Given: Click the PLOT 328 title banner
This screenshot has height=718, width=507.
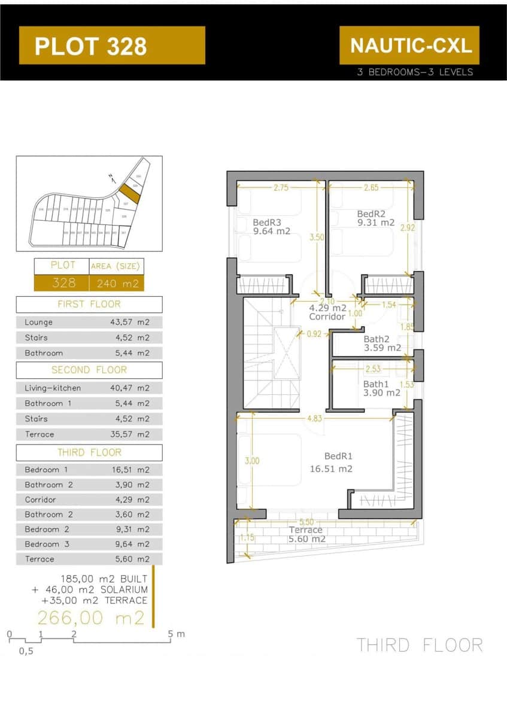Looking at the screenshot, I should pos(112,45).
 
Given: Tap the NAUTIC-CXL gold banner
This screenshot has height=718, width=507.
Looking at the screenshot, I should pos(409,45).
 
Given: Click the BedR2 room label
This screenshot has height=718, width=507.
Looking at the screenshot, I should pos(371,214).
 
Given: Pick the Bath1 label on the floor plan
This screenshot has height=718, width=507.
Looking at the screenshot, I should pos(376,384).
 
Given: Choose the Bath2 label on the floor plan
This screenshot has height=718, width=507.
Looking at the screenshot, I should pos(377,339).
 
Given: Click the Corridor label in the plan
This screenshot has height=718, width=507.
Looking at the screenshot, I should pos(327,317).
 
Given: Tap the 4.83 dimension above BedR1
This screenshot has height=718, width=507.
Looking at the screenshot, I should pos(315,419).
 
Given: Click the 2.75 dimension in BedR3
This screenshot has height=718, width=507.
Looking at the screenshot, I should pos(281,188).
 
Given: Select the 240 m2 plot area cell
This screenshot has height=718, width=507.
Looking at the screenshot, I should pos(117,283).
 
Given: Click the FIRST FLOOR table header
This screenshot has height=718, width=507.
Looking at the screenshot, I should pos(89,304).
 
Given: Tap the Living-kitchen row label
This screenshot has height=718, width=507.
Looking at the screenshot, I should pos(53,388).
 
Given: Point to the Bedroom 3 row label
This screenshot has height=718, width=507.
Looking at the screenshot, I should pos(47,544).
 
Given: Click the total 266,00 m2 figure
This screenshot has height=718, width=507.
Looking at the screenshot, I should pos(92,617).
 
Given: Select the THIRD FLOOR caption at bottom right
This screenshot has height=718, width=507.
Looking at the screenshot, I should pos(420,645).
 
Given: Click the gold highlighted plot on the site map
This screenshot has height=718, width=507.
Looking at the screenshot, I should pos(129,194).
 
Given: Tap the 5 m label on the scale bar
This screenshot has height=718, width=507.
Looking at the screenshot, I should pos(177,634).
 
